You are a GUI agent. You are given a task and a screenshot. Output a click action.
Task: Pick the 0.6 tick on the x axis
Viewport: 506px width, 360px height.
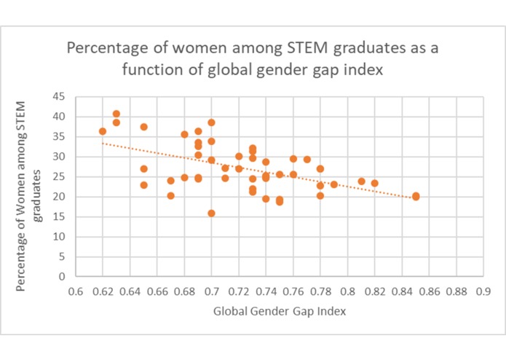(x=75, y=291)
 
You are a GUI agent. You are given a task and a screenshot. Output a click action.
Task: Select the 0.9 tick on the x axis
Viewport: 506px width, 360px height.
(x=483, y=291)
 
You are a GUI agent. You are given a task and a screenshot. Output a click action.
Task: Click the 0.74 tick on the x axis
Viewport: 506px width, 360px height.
(x=266, y=291)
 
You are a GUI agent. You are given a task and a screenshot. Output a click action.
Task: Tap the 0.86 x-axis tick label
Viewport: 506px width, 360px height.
(x=429, y=291)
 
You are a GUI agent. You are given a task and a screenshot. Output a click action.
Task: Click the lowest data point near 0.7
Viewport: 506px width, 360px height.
(x=211, y=214)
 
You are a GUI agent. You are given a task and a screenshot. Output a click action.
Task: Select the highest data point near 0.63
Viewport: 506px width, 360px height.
(x=116, y=114)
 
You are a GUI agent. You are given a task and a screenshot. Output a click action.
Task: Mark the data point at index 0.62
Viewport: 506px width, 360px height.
(x=103, y=131)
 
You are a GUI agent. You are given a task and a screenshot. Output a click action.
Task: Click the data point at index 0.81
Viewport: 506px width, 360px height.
(x=361, y=181)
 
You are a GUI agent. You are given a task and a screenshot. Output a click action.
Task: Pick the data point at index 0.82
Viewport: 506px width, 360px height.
(x=375, y=183)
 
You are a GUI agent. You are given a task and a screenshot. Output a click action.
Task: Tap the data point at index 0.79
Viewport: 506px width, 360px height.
(x=334, y=184)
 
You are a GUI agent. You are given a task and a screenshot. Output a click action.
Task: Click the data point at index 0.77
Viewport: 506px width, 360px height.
(x=307, y=159)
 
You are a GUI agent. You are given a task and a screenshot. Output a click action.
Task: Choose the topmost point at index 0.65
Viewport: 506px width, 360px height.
(x=143, y=127)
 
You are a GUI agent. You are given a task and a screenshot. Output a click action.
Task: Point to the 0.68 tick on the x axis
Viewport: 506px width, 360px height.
(x=184, y=291)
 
